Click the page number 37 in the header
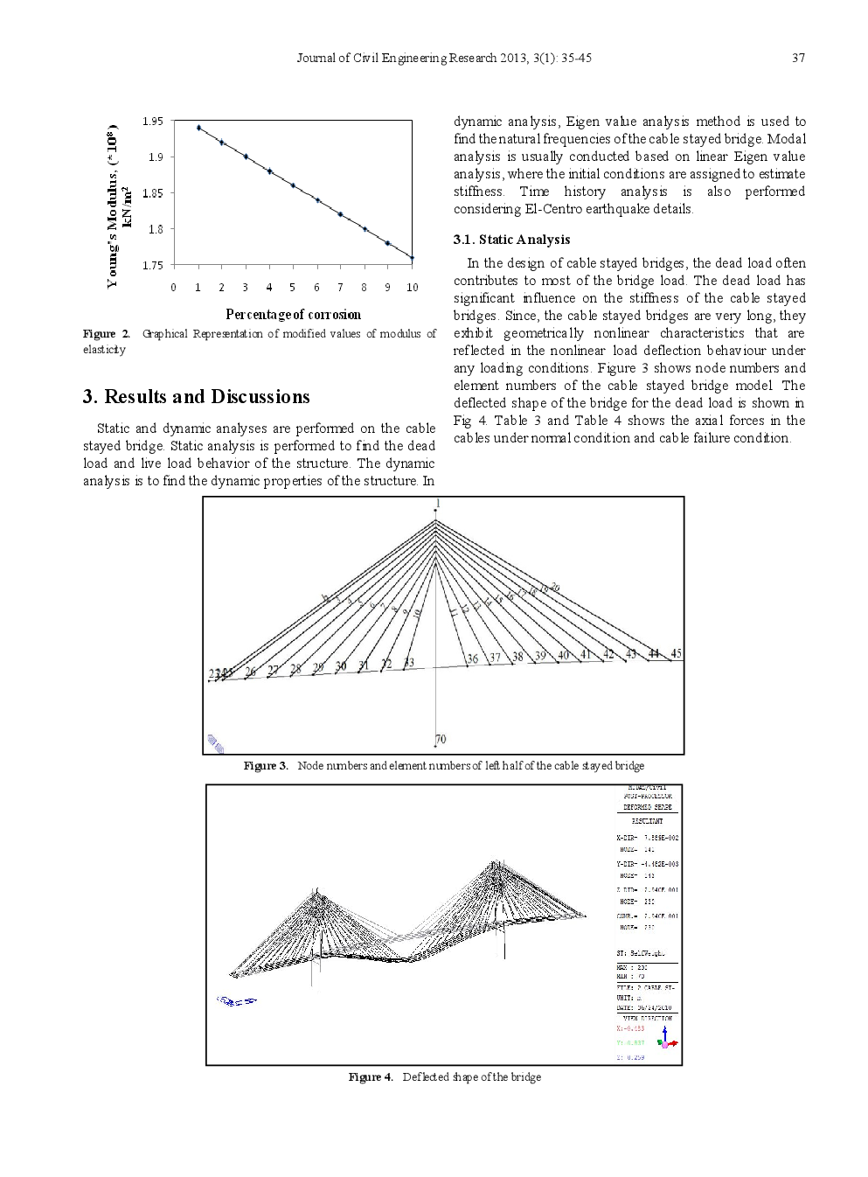(798, 58)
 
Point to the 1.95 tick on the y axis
(153, 121)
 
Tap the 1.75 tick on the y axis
(153, 265)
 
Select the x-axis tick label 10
(412, 287)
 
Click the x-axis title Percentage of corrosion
(293, 314)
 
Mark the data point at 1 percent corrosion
(198, 128)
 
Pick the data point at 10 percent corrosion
(412, 258)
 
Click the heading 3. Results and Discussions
(197, 397)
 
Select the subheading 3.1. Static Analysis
(511, 240)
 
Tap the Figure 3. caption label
(266, 766)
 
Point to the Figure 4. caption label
(371, 1076)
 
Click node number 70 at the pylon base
(441, 739)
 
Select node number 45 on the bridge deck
(676, 653)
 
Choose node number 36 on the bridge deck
(473, 658)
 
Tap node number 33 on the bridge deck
(408, 663)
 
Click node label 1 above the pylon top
(438, 504)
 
